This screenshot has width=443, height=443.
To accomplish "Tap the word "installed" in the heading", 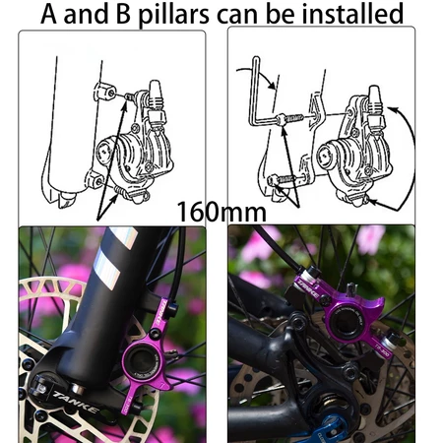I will pyautogui.click(x=348, y=14).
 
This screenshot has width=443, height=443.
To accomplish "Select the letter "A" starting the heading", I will pyautogui.click(x=52, y=14).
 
